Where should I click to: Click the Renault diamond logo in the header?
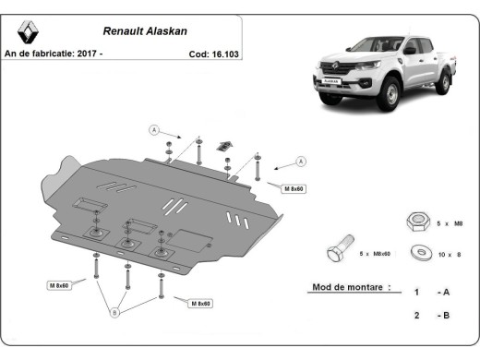pyautogui.click(x=28, y=32)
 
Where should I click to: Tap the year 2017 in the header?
pyautogui.click(x=88, y=54)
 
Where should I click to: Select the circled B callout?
pyautogui.click(x=115, y=312)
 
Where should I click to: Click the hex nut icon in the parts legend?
pyautogui.click(x=415, y=222)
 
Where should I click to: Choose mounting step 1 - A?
pyautogui.click(x=431, y=292)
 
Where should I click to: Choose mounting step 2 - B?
pyautogui.click(x=431, y=316)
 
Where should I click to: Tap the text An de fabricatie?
pyautogui.click(x=39, y=54)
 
